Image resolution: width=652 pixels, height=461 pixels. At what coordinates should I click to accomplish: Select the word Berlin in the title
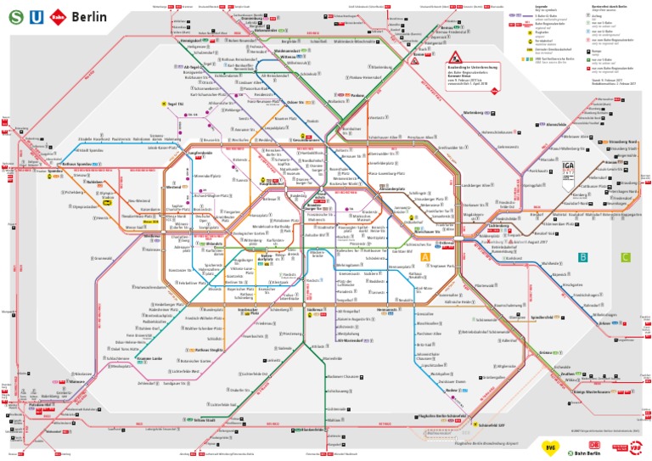[x=89, y=16]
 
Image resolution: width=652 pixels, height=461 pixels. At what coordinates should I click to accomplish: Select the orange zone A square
[x=426, y=257]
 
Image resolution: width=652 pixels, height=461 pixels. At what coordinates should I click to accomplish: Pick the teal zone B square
[x=582, y=257]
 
